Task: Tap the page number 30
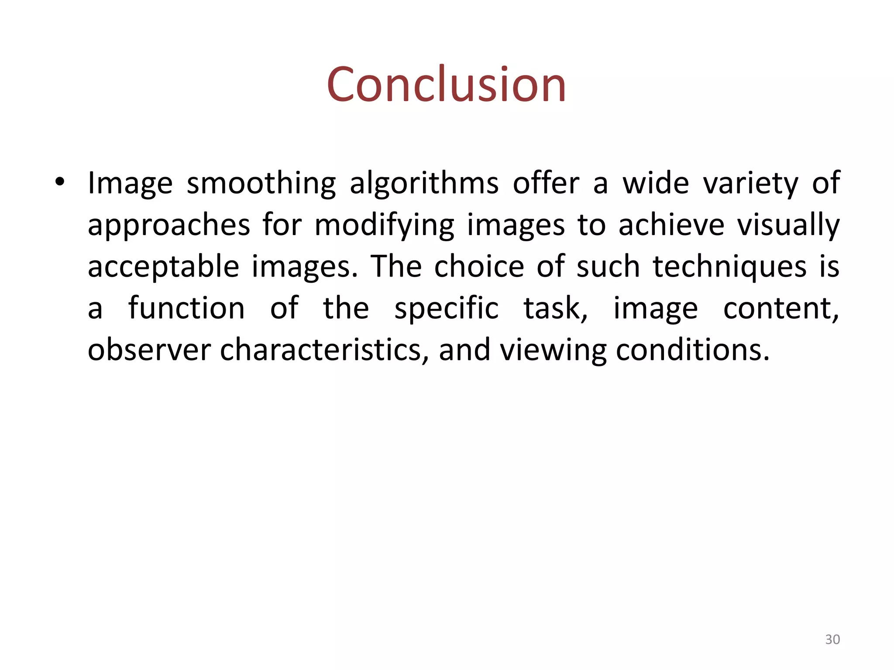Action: (x=832, y=639)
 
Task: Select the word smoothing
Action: (x=261, y=184)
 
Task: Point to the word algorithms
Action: (x=424, y=184)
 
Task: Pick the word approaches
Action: (x=169, y=226)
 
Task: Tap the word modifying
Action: (x=384, y=226)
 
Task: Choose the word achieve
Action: (x=671, y=225)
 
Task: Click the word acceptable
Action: (x=163, y=267)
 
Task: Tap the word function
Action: (x=186, y=308)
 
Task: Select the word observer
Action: (x=149, y=350)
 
